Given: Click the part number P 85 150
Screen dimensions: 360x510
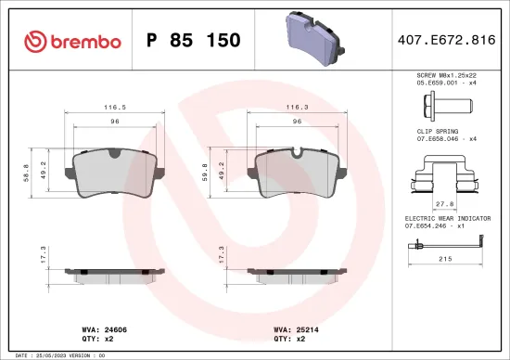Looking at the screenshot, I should coord(194,42).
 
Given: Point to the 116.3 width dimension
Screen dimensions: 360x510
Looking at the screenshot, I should coord(299,109).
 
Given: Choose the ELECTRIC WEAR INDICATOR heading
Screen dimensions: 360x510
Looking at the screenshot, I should coord(451,217).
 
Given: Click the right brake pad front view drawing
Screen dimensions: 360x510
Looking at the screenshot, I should coord(299,174).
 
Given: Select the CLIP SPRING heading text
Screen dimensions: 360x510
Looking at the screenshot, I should coord(437,132).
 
